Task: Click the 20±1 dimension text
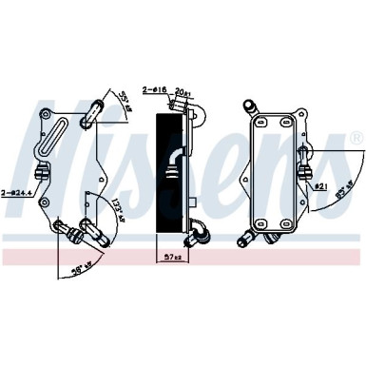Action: click(x=183, y=91)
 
